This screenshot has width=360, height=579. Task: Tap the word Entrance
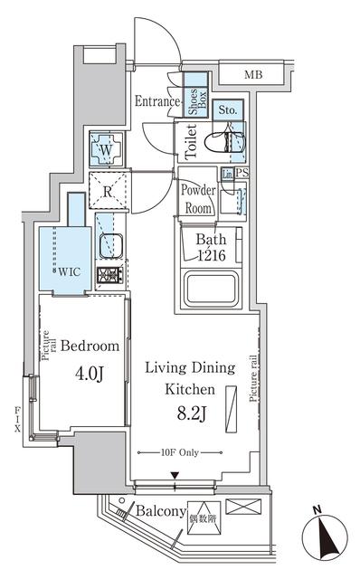click(157, 102)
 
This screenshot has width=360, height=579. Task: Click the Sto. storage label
click(229, 110)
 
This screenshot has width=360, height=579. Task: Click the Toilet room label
click(191, 142)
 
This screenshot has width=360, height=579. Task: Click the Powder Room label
click(197, 198)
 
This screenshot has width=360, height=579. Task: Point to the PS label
click(242, 173)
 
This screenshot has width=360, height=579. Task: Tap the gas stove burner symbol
click(109, 275)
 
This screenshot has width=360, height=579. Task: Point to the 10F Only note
click(180, 451)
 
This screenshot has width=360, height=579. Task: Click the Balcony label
click(160, 512)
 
